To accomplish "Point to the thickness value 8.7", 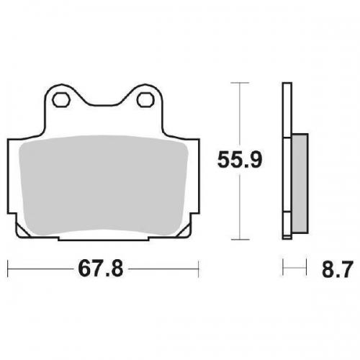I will (333, 271).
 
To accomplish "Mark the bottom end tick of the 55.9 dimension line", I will (238, 239).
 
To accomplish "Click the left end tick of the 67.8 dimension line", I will (8, 270).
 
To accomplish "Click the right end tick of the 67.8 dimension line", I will (198, 270).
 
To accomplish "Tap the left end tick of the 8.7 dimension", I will (284, 270).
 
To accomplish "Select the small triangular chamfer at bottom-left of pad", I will (19, 228).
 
